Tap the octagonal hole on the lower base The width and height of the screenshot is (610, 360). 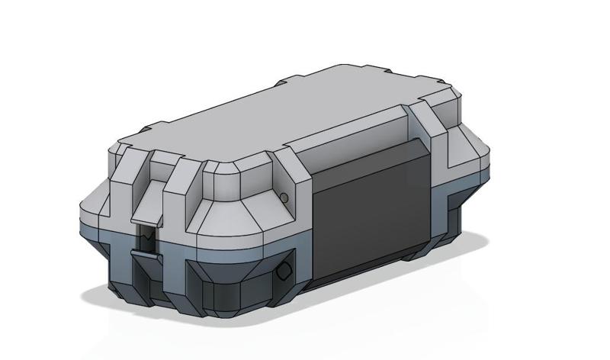click(284, 271)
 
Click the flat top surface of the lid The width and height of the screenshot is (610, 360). click(290, 114)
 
